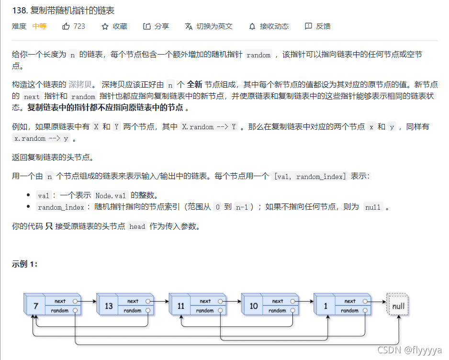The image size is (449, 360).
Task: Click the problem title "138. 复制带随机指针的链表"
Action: coord(63,11)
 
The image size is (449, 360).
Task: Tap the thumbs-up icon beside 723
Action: coord(66,26)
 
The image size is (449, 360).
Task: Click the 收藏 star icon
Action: coord(105,26)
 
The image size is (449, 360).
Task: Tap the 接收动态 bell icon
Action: coord(252,26)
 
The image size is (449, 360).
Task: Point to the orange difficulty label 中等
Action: coord(39,26)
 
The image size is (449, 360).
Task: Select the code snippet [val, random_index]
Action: coord(309,177)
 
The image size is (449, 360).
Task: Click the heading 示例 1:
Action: coord(25,264)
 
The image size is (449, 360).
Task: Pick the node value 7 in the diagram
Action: coord(35,305)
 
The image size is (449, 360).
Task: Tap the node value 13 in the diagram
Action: coord(109,305)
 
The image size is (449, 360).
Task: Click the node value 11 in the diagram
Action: coord(181,305)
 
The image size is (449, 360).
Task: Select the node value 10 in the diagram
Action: coord(254,305)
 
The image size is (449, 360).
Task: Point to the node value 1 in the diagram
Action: coord(326,305)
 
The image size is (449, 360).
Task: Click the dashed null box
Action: coord(398,305)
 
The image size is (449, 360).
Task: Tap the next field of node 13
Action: coord(133,301)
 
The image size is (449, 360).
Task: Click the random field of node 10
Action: coord(278,310)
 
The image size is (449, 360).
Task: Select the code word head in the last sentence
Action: coord(137,226)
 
